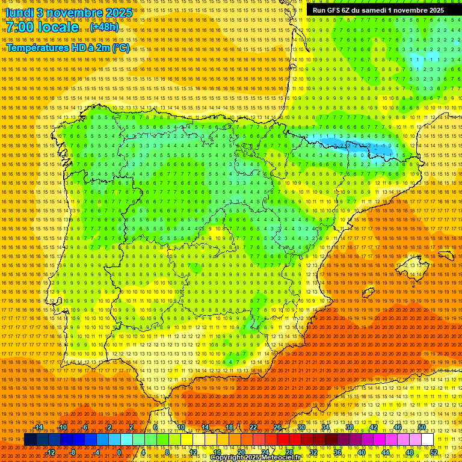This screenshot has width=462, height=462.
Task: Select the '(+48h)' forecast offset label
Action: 104,27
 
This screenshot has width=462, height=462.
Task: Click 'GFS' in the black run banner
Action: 334,10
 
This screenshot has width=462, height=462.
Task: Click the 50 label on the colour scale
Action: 422,427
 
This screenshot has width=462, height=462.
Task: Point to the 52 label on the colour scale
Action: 434,452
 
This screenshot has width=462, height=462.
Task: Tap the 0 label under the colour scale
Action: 120,452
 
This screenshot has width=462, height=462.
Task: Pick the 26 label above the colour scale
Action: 277,427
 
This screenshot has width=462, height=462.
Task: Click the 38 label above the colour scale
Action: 350,427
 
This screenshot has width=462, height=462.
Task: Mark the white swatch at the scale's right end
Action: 428,440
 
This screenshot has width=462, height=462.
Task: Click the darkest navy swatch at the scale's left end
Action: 30,440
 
